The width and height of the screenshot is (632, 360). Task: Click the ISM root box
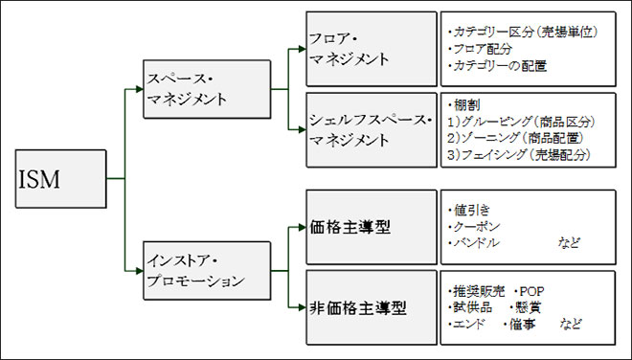59,179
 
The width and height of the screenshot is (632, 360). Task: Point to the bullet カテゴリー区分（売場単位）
522,32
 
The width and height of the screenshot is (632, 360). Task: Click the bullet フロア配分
483,48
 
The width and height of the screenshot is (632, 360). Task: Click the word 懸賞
529,307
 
